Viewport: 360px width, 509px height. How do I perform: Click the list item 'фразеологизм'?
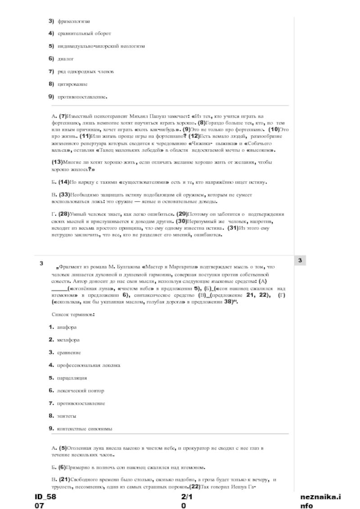click(x=73, y=21)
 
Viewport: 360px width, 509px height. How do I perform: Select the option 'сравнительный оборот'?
click(x=84, y=34)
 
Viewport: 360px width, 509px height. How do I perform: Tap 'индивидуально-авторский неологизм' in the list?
click(x=101, y=46)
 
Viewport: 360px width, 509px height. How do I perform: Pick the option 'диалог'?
click(x=65, y=59)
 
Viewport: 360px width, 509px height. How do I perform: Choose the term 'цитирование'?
click(x=72, y=84)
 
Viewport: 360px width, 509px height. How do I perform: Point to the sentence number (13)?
click(x=57, y=162)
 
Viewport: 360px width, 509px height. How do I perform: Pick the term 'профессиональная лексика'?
click(x=88, y=365)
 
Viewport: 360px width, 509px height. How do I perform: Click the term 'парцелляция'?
click(x=72, y=378)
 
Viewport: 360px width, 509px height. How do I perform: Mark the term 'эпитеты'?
click(x=66, y=416)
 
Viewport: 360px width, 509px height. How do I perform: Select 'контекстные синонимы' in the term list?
click(x=84, y=429)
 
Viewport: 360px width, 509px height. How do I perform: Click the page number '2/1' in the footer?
click(x=187, y=496)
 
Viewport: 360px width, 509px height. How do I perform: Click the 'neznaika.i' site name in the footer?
click(x=320, y=496)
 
